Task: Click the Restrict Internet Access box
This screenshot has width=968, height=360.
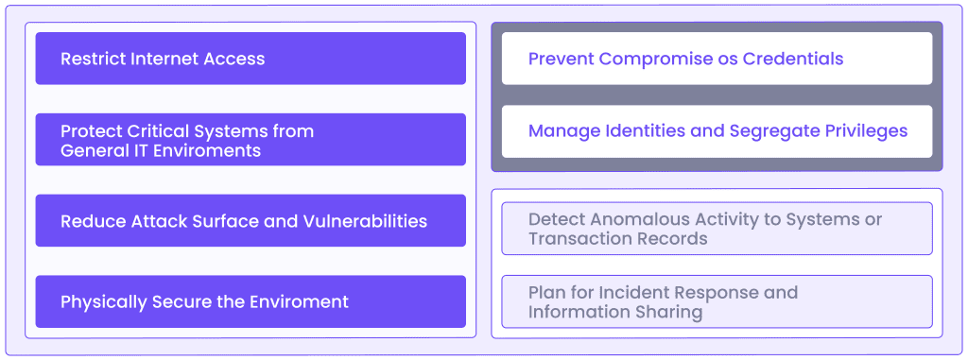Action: click(250, 59)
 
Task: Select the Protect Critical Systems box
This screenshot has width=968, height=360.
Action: click(250, 140)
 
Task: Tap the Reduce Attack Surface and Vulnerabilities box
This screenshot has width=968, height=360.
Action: click(250, 221)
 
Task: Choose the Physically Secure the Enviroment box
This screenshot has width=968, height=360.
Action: click(250, 302)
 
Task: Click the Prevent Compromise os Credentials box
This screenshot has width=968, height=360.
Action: click(716, 59)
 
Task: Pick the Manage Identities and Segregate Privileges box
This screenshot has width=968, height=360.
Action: click(716, 131)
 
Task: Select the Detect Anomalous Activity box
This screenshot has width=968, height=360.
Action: click(716, 229)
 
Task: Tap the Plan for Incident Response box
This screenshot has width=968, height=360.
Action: click(716, 301)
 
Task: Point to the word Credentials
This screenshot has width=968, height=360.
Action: click(792, 59)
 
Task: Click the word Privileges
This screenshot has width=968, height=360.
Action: click(865, 131)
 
